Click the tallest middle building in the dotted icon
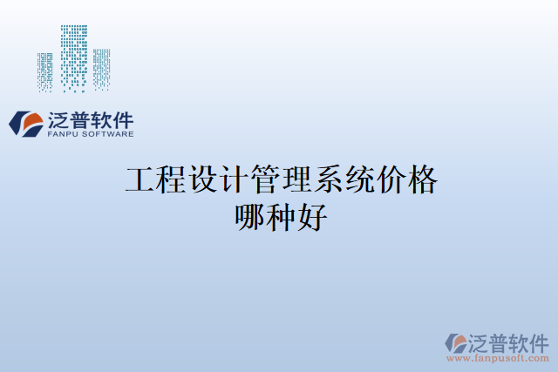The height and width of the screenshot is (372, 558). tap(74, 57)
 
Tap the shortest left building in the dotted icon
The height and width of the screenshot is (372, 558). tap(45, 72)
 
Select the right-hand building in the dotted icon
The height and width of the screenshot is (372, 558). tap(102, 69)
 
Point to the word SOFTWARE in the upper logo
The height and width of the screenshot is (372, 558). tap(107, 134)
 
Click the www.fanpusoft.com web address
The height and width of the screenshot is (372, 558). tap(497, 357)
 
